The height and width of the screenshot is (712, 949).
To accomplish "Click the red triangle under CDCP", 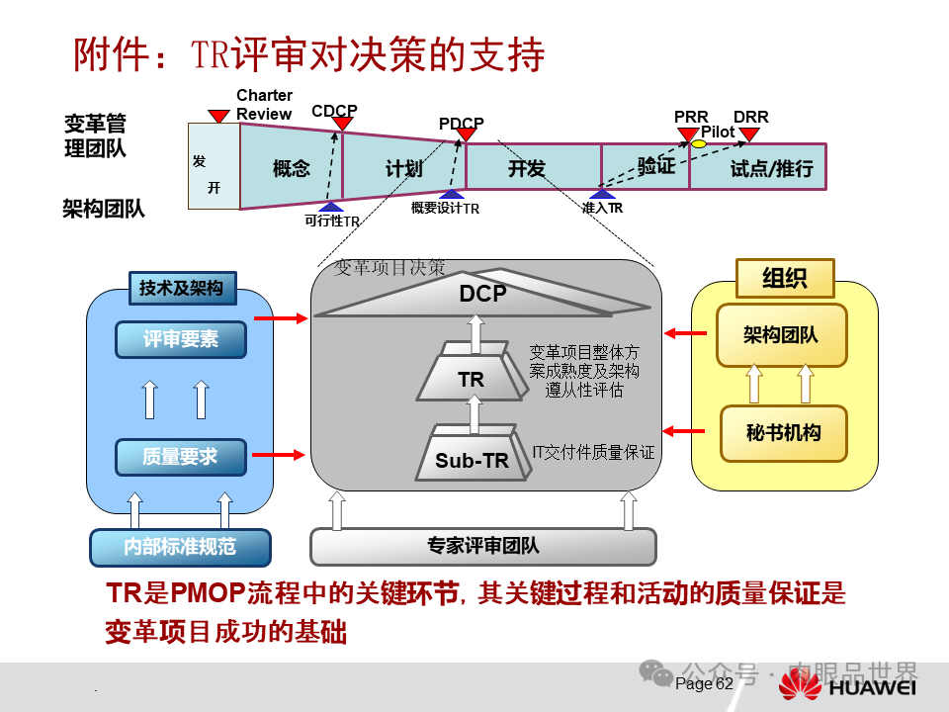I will (x=342, y=124).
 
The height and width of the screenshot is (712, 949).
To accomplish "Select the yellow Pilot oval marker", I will (x=699, y=144).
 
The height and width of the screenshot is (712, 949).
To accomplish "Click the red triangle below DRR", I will (x=749, y=133).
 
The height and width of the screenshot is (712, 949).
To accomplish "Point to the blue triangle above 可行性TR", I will (x=330, y=207).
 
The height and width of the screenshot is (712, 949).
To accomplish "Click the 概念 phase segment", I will (x=292, y=168).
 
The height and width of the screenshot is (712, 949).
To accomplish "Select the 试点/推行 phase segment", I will (x=771, y=168).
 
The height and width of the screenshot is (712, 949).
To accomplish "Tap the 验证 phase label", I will (x=655, y=165).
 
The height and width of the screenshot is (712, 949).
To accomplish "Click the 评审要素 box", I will (x=180, y=339).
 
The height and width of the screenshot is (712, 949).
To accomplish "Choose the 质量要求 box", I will (x=180, y=457).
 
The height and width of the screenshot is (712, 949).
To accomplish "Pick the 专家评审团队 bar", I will (x=483, y=546).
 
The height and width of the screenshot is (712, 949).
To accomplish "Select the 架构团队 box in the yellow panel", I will (x=782, y=334).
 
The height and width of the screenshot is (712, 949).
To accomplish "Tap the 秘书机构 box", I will (x=782, y=432).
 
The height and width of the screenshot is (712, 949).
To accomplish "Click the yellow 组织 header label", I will (x=784, y=278).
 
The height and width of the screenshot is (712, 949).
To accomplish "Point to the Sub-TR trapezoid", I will (x=472, y=459).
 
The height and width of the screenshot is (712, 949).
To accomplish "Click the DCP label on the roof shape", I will (x=482, y=294).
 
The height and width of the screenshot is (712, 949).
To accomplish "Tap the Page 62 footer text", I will (x=705, y=684).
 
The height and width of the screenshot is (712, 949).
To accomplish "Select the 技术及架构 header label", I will (x=181, y=289).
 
